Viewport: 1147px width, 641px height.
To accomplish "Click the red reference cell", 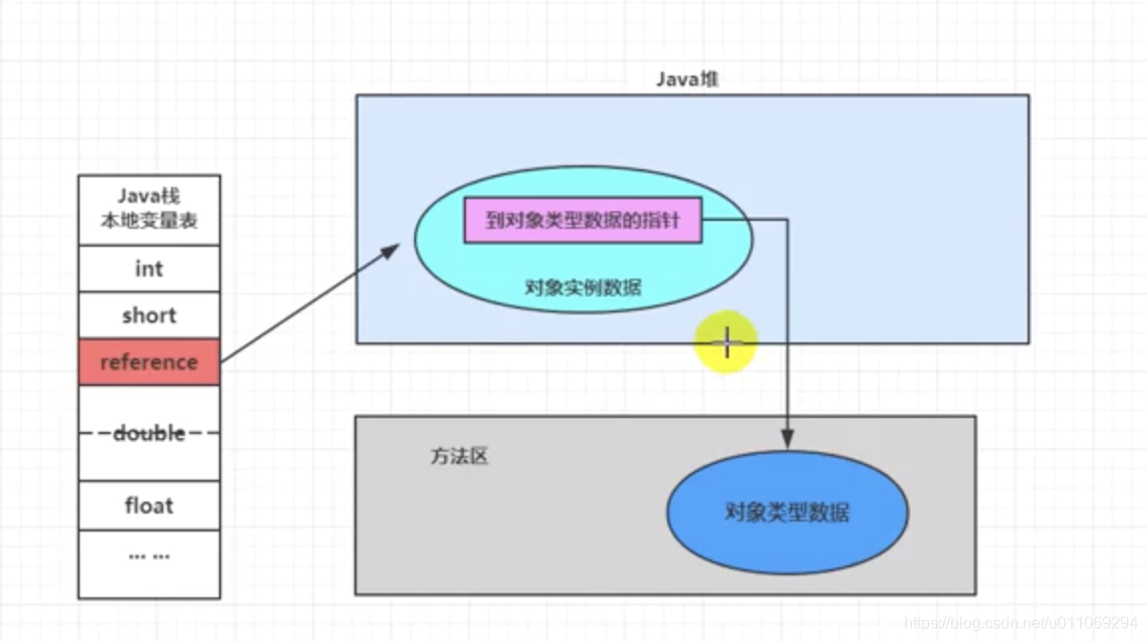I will (x=148, y=362).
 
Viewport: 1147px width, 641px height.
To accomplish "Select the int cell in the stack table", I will (x=148, y=269).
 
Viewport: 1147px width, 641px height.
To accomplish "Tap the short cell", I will (x=148, y=316).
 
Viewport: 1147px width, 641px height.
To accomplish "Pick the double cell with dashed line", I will (x=148, y=433).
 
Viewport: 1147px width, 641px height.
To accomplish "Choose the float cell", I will (x=148, y=505).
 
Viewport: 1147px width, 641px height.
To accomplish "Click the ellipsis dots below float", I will (x=148, y=555).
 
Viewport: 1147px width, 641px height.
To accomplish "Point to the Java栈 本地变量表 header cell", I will (x=148, y=209).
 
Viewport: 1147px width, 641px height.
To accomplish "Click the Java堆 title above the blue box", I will (x=686, y=80).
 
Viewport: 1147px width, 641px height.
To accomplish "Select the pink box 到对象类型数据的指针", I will (x=582, y=221).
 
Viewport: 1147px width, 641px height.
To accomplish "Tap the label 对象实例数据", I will (x=582, y=288).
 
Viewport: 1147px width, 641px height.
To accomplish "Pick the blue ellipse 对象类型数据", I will (x=787, y=514).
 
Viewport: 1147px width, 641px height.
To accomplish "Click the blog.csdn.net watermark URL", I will (x=1021, y=622).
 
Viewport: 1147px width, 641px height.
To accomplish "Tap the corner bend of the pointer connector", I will (x=788, y=220).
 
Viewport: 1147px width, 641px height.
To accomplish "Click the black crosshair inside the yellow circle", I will (x=727, y=343).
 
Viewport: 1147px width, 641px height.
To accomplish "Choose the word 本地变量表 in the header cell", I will (x=148, y=221).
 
